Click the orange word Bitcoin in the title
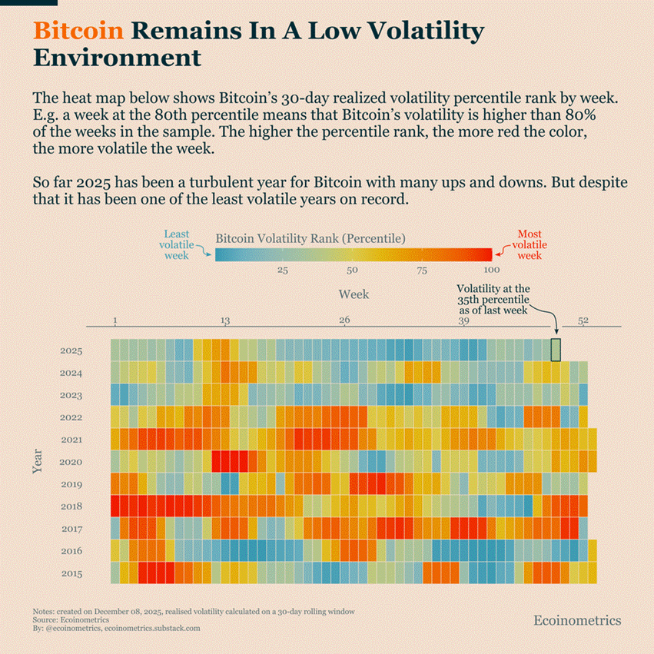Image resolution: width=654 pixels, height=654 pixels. (x=78, y=31)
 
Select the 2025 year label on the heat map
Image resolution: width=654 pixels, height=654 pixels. (x=71, y=351)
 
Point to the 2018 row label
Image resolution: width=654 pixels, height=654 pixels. (x=71, y=506)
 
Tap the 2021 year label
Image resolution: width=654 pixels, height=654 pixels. (x=71, y=440)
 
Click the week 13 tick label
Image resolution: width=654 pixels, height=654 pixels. (x=225, y=320)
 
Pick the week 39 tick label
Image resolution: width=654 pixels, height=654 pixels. (x=464, y=320)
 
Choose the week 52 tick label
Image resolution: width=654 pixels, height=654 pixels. (x=583, y=320)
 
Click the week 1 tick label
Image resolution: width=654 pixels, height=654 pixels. (x=115, y=320)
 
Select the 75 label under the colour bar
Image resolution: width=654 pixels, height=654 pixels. (x=422, y=271)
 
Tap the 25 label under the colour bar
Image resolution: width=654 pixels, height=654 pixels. (x=283, y=271)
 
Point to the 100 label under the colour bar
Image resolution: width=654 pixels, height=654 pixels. (x=491, y=271)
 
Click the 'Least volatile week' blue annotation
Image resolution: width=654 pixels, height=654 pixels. (x=176, y=244)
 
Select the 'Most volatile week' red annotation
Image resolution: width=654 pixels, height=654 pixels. (x=529, y=244)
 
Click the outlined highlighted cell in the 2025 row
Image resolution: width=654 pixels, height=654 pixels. (x=556, y=350)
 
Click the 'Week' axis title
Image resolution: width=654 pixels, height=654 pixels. (x=354, y=294)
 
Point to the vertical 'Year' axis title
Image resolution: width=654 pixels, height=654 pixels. (x=38, y=462)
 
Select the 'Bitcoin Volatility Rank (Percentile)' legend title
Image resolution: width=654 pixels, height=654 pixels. (x=310, y=237)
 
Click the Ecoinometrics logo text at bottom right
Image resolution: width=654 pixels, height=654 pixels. (x=577, y=620)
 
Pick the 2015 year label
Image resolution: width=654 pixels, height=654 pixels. (x=71, y=573)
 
